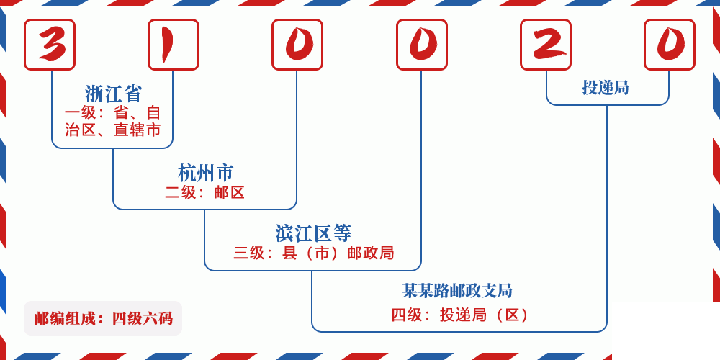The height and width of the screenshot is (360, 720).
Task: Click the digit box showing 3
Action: click(x=50, y=45)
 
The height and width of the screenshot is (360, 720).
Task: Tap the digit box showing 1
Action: click(x=174, y=45)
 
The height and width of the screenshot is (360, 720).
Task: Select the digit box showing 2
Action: click(x=546, y=45)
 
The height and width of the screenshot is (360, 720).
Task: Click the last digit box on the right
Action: click(x=670, y=45)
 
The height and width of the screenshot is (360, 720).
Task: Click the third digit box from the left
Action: click(x=297, y=45)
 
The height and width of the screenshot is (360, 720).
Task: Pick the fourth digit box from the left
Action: click(x=422, y=45)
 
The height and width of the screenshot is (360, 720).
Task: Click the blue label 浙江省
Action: click(x=114, y=94)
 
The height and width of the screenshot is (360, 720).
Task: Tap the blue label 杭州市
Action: click(x=206, y=173)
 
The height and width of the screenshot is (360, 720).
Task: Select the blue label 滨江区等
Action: click(x=313, y=233)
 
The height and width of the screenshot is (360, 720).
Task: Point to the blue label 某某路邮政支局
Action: click(x=457, y=291)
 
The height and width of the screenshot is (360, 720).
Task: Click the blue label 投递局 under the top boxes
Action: click(x=606, y=88)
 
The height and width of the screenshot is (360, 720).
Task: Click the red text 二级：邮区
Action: click(x=205, y=193)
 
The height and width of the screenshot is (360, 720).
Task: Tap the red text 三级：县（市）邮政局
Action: click(x=313, y=253)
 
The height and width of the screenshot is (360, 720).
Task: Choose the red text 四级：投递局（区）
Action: click(x=461, y=315)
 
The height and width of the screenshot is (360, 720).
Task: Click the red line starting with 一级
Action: click(x=113, y=113)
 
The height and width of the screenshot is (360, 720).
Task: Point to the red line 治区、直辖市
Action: click(x=113, y=130)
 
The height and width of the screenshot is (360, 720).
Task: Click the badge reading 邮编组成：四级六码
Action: click(x=103, y=318)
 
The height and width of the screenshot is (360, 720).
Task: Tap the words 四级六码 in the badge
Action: click(x=142, y=318)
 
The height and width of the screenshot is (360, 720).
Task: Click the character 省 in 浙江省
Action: click(x=133, y=94)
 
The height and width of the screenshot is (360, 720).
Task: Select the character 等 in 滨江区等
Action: click(x=343, y=233)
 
